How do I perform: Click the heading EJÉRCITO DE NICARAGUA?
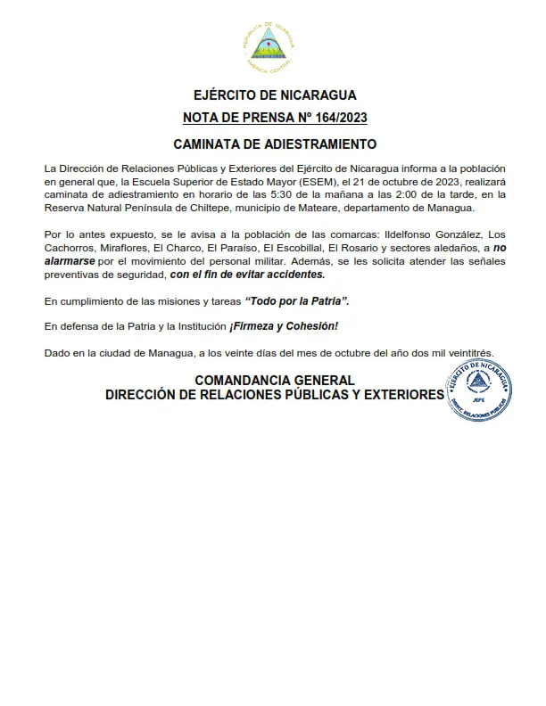pyautogui.click(x=274, y=94)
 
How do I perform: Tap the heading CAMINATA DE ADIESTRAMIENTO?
pyautogui.click(x=275, y=144)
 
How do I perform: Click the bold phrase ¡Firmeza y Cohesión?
pyautogui.click(x=284, y=327)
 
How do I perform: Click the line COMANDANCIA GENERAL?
pyautogui.click(x=275, y=380)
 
